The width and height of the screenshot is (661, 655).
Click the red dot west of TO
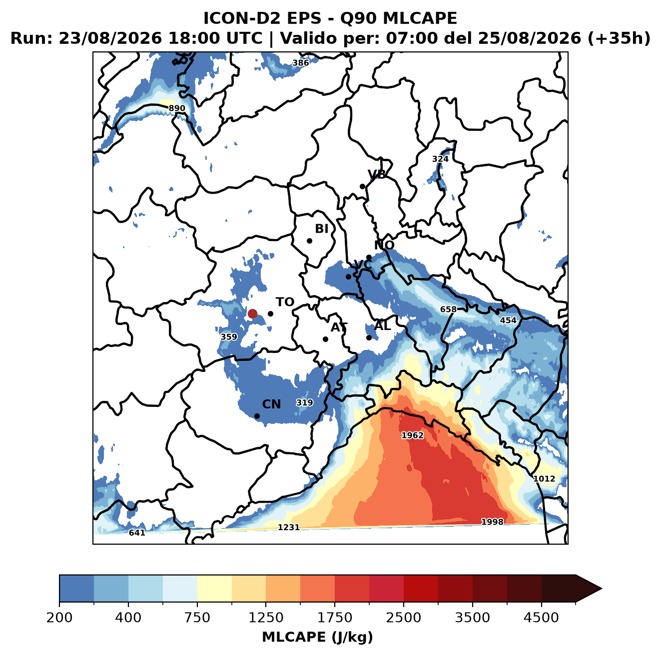click(252, 314)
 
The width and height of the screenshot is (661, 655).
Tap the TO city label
click(285, 302)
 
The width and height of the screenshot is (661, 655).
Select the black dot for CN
click(257, 416)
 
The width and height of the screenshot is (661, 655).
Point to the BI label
click(321, 229)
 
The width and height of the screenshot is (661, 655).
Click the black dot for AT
click(326, 339)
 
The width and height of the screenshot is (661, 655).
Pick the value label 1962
click(413, 435)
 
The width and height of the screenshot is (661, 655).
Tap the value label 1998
click(493, 522)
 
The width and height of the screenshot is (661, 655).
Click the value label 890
click(177, 108)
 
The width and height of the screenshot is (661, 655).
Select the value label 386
click(300, 63)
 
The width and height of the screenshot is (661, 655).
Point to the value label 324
click(440, 159)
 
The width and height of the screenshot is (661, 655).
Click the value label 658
click(448, 310)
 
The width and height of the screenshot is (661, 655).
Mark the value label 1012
click(544, 478)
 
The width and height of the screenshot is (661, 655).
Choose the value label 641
click(137, 532)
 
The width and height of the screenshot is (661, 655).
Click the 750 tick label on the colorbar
click(197, 617)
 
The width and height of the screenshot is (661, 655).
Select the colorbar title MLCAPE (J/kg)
click(317, 637)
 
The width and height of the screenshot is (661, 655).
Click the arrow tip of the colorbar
click(602, 589)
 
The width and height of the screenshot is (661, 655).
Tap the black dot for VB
click(363, 186)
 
